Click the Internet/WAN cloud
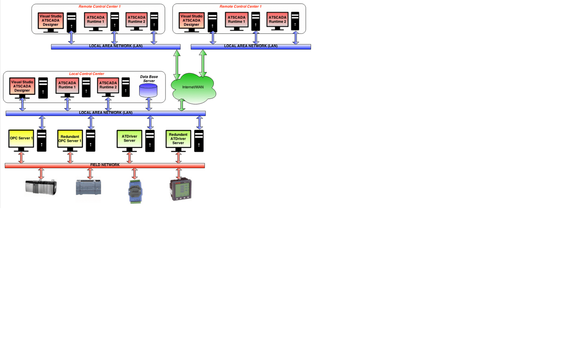193,88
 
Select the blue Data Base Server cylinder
148,90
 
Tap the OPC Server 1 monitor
21,139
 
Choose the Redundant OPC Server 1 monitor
70,139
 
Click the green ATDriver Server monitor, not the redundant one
129,139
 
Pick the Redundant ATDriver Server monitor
178,139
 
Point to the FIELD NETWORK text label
105,165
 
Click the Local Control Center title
86,74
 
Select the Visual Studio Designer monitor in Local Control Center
22,86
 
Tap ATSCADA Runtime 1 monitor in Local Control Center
67,85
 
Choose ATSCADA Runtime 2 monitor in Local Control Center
108,85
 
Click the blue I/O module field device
135,192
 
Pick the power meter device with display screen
181,189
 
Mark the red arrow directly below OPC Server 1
21,157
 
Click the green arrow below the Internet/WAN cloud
182,105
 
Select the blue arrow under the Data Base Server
149,104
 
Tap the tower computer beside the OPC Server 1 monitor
41,141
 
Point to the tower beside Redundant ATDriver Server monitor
199,141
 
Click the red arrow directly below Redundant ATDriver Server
178,157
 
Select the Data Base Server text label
149,79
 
